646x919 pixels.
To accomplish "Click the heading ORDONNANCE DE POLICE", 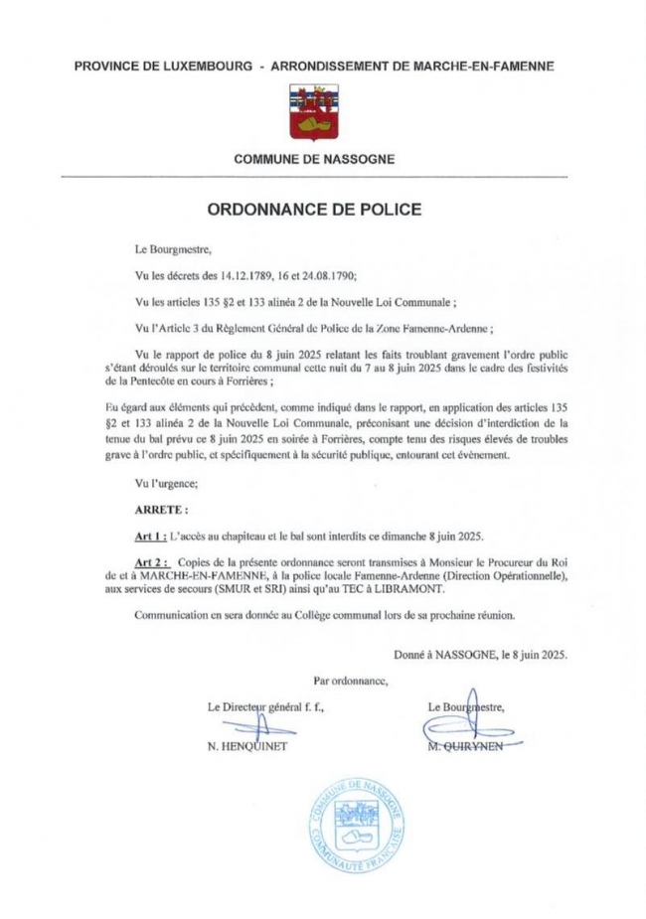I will point(315,211).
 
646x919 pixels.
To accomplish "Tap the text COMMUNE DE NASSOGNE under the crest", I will point(314,158).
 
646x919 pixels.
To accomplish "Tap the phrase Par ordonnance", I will point(349,681).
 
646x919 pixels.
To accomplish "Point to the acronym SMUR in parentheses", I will point(217,590).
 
